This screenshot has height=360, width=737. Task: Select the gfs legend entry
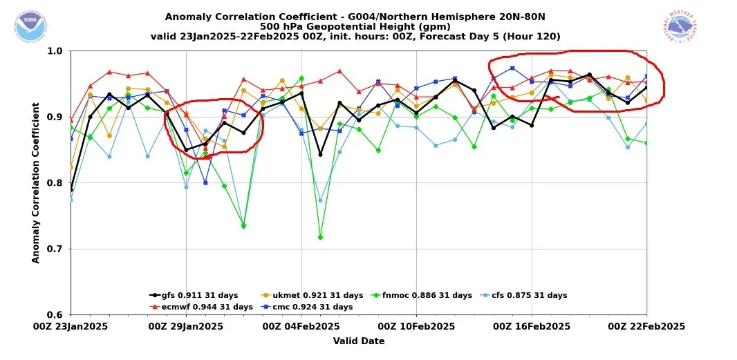tap(194, 295)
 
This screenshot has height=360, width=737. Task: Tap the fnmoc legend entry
tap(422, 295)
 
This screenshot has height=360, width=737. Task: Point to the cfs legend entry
tap(525, 295)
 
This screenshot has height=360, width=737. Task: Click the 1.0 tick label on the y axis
tap(55, 51)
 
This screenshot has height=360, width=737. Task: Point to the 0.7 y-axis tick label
tap(55, 249)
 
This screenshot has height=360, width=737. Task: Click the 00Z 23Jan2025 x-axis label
tap(71, 327)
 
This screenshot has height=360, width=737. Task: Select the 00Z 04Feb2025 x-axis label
tap(301, 327)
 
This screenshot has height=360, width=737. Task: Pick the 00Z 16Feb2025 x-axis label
tap(532, 327)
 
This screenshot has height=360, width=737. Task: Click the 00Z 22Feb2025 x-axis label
tap(646, 327)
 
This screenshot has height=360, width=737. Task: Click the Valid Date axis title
tap(358, 341)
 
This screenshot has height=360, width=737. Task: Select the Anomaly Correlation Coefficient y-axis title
tap(35, 183)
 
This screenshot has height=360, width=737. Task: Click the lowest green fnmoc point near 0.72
tap(320, 237)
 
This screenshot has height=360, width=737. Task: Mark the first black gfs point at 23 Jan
tap(71, 189)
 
